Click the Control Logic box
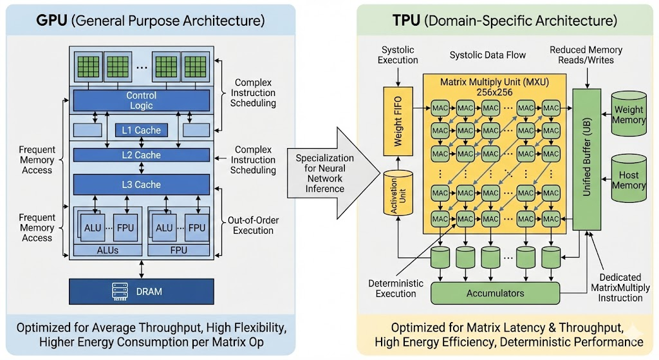point(141,100)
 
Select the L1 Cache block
point(141,130)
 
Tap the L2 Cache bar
point(141,155)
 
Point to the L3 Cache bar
point(141,184)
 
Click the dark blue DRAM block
point(141,291)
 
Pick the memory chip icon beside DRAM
point(118,291)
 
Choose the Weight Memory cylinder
point(629,115)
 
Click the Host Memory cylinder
point(629,179)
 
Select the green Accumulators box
point(495,293)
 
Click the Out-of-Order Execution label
point(253,225)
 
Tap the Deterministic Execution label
point(395,289)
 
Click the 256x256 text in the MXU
point(494,93)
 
